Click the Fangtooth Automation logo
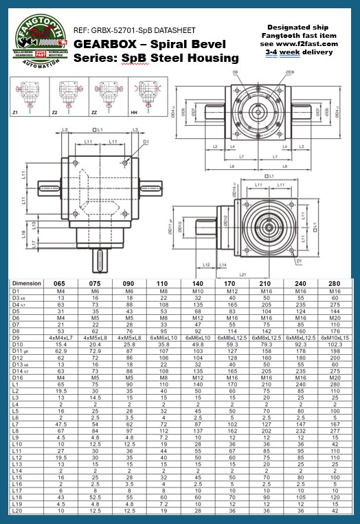[38, 42]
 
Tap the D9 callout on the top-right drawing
[235, 71]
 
